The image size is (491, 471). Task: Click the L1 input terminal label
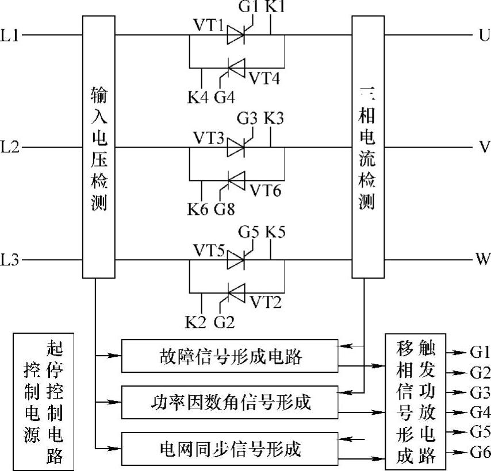pos(10,36)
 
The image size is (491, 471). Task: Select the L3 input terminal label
pos(10,261)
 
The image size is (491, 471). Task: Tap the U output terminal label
pos(482,36)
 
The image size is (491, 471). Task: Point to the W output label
pos(482,260)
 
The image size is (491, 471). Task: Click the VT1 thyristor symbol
pos(236,36)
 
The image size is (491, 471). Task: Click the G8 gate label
pos(225,209)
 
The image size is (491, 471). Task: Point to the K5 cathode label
pos(275,233)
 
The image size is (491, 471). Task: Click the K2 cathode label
pos(196,321)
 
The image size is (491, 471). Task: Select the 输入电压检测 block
pos(99,148)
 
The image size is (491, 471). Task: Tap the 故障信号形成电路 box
pos(229,357)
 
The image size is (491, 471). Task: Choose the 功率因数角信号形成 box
pos(229,402)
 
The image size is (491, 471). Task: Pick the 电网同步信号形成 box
pos(229,447)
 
